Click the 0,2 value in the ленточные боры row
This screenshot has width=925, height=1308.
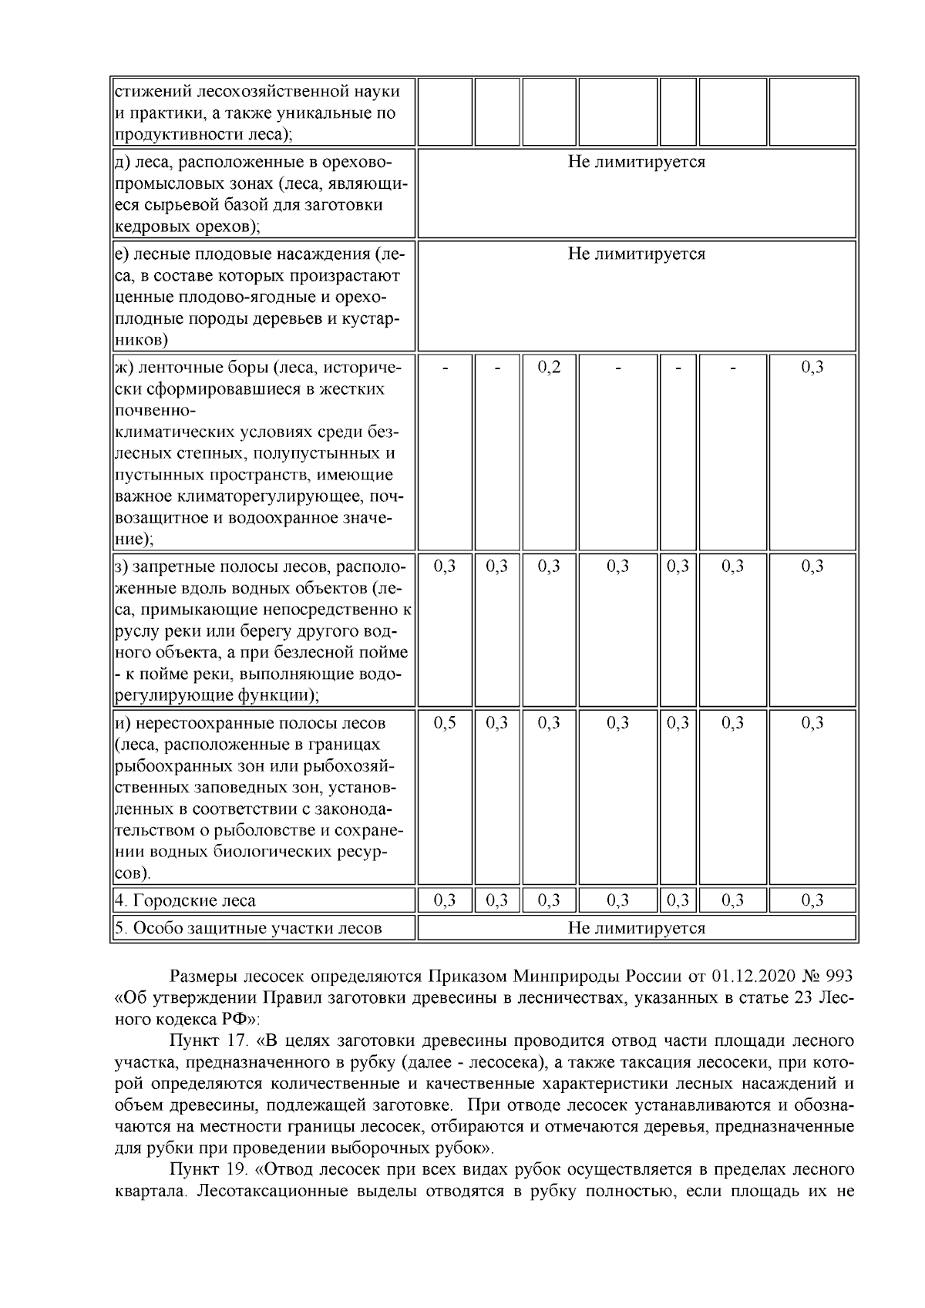tap(549, 367)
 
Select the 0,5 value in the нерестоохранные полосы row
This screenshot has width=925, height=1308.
tap(445, 723)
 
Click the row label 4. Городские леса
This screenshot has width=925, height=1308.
tap(185, 900)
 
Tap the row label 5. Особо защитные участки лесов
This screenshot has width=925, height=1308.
tap(248, 928)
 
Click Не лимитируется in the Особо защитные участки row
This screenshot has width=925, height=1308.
tap(636, 928)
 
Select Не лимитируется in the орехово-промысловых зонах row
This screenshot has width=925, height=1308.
tap(636, 162)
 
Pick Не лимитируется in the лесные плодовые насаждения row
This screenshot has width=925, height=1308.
tap(636, 254)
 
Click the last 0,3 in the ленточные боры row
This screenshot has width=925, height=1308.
tap(812, 367)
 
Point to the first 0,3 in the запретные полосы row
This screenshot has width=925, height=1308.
tap(445, 567)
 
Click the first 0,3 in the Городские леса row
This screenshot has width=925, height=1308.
tap(445, 900)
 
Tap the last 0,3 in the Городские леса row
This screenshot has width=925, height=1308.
tap(812, 900)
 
